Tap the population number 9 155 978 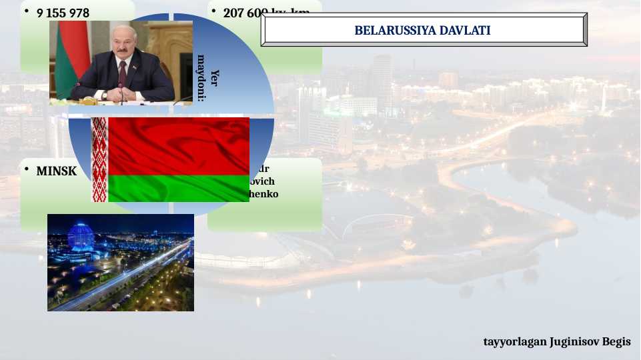[63, 13]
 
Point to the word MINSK [56, 171]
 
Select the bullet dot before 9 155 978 [26, 11]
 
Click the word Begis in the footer [618, 341]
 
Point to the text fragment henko [264, 194]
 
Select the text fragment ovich [261, 181]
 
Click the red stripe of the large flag [179, 145]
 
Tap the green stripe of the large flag [179, 188]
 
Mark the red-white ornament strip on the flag [99, 160]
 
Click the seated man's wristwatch [105, 95]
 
